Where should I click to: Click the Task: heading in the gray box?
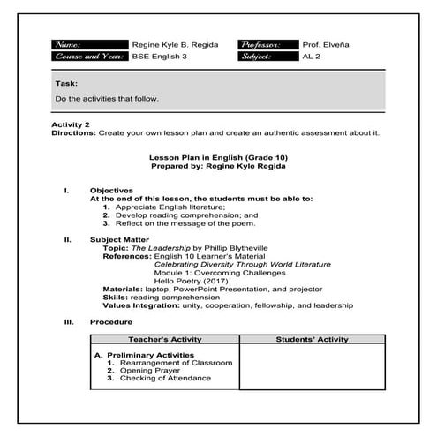pos(66,82)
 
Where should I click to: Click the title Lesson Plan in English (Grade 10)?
pos(219,156)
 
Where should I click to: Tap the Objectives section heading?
pos(111,190)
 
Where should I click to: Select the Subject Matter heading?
pos(119,239)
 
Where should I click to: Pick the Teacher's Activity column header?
pos(165,339)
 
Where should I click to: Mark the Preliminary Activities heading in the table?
pos(149,354)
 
